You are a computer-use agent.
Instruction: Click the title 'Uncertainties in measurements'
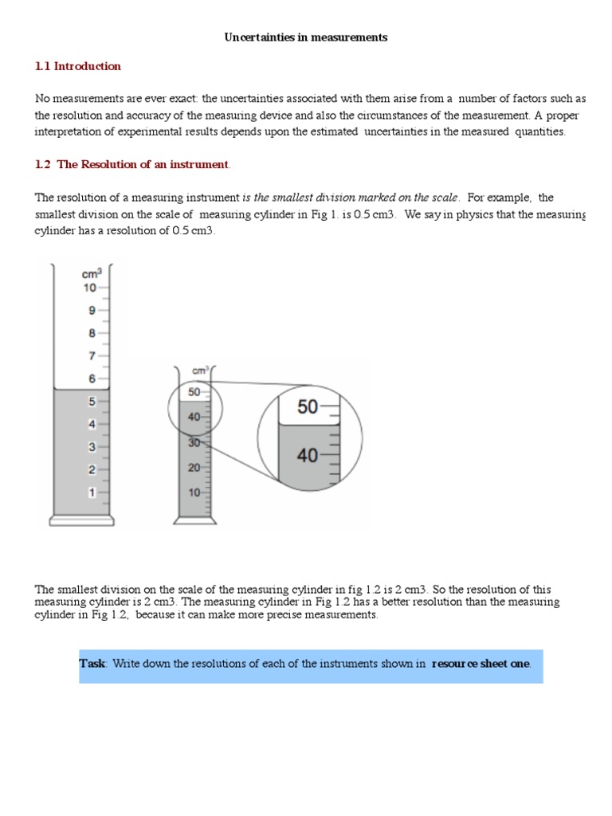305,37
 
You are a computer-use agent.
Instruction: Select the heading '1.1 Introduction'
78,66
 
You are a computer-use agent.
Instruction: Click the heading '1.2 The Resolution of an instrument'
132,165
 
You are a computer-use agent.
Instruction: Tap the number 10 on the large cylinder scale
90,288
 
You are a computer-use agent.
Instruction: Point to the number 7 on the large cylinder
92,355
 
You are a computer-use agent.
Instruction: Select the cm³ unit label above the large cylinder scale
91,274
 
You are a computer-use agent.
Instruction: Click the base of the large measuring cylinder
82,521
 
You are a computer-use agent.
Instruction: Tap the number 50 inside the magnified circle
307,407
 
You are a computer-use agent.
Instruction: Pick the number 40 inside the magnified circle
307,455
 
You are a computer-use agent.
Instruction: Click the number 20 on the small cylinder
194,468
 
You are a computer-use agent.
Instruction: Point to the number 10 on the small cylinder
194,492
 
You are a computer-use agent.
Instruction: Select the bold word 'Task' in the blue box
92,664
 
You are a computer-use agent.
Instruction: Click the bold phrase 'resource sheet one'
481,664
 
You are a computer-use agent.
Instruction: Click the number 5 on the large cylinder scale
92,402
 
